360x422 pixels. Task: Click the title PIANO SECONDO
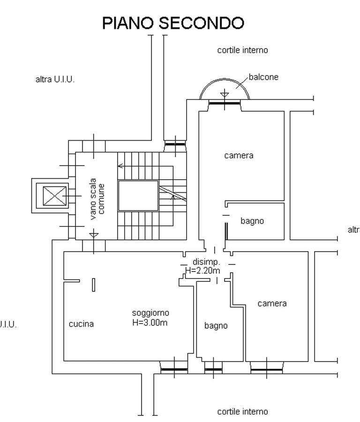tap(173, 23)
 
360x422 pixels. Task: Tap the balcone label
tap(263, 77)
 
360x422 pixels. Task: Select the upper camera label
tap(239, 155)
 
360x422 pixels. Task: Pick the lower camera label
tap(272, 303)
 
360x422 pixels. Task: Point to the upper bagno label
tap(252, 221)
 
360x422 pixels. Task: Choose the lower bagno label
tap(216, 325)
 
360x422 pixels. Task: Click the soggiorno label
tap(150, 313)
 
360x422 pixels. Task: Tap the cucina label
tap(81, 324)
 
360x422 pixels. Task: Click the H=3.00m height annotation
tap(150, 322)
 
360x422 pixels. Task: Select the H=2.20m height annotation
tap(202, 271)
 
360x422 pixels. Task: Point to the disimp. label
tap(202, 262)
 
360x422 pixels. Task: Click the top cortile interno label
tap(242, 50)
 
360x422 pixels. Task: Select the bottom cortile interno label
tap(242, 412)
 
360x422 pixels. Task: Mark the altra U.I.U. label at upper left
tap(55, 79)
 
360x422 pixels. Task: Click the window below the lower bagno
tap(213, 369)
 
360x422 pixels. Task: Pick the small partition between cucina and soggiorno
tap(94, 285)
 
